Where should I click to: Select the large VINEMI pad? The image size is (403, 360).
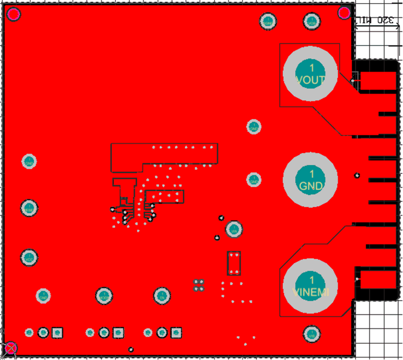[x=311, y=285]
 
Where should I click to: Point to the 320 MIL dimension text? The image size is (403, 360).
[x=377, y=20]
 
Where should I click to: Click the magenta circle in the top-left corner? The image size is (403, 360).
[x=13, y=14]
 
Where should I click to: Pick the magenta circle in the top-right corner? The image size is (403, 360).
[x=345, y=13]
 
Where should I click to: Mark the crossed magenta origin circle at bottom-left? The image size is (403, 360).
[x=10, y=349]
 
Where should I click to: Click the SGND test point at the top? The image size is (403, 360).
[x=268, y=21]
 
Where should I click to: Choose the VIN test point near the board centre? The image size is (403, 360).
[x=234, y=229]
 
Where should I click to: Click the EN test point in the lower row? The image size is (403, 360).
[x=161, y=296]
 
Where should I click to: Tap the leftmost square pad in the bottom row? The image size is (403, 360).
[x=57, y=333]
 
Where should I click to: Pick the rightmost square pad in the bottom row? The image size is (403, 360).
[x=177, y=333]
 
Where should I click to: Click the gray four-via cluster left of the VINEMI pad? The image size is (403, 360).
[x=199, y=285]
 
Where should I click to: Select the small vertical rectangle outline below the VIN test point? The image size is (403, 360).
[x=234, y=263]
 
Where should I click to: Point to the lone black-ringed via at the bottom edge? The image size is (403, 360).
[x=131, y=350]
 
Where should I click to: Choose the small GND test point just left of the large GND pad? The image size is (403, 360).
[x=253, y=179]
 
